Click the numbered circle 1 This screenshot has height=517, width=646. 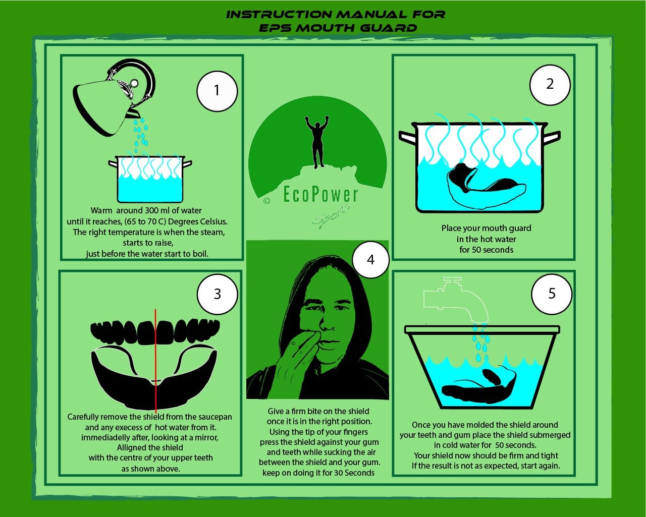coord(217,91)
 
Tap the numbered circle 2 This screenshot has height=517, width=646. coord(550,85)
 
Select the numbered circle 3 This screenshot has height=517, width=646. coord(218,295)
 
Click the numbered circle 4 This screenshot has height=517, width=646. coord(370,260)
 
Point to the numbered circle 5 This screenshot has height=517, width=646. coord(552,294)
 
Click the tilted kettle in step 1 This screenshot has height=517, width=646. coord(114,96)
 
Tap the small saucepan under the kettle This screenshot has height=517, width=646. coord(150,179)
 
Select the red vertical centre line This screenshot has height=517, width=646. coord(155,361)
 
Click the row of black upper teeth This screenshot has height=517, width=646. coord(155,332)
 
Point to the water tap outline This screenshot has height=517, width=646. coord(456,300)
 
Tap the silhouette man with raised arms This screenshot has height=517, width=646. coord(317,142)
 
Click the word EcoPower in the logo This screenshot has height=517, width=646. coord(320,194)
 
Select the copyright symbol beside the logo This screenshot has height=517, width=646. coord(266,201)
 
